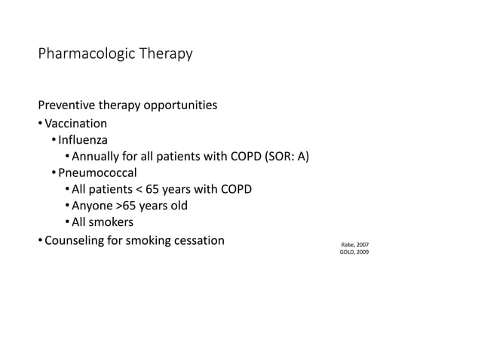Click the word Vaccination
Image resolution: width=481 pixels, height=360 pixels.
(x=76, y=124)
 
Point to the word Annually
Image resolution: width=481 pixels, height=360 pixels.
(x=96, y=157)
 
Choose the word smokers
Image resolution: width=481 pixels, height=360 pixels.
(x=111, y=223)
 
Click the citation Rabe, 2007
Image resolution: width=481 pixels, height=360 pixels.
(x=355, y=246)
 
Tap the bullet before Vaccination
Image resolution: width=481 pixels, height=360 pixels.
(x=40, y=124)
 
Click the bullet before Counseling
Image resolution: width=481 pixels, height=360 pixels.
(x=40, y=241)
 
